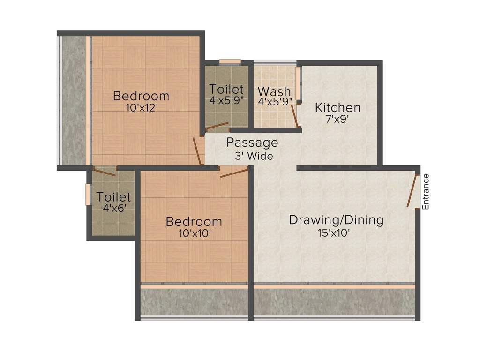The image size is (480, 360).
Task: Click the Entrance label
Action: click(426, 191)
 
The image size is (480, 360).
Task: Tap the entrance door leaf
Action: click(412, 190)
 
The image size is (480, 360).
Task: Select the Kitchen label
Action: click(337, 107)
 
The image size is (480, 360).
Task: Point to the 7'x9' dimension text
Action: click(337, 119)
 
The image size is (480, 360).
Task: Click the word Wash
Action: click(274, 91)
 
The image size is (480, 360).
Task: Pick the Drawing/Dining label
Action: click(336, 219)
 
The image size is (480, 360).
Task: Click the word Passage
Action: click(252, 142)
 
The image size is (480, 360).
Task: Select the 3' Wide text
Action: click(254, 156)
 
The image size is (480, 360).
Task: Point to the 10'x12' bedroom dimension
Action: click(141, 107)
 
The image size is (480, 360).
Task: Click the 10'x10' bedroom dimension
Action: click(194, 233)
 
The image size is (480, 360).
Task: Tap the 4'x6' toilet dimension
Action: click(114, 208)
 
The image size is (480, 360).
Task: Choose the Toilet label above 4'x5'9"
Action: click(226, 89)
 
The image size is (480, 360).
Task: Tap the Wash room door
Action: click(295, 116)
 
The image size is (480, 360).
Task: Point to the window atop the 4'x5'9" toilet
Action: click(230, 61)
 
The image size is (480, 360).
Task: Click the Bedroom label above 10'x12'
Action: click(141, 96)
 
